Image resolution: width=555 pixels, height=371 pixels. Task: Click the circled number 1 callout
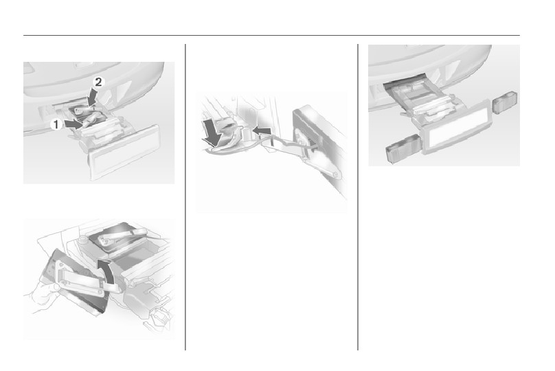[56, 124]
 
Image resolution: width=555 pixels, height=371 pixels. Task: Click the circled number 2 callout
[98, 82]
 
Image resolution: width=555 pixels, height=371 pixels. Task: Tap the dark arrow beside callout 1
[73, 124]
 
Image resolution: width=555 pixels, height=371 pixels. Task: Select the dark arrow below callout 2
[93, 96]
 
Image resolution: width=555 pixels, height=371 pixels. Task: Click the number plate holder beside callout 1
[124, 153]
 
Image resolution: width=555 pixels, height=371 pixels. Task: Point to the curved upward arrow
[107, 271]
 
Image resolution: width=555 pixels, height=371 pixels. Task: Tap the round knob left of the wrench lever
[82, 239]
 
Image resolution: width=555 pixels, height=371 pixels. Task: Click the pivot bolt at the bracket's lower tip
[335, 175]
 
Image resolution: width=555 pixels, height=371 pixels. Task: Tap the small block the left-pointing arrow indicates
[247, 134]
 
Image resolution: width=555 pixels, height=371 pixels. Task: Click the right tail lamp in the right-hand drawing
[505, 102]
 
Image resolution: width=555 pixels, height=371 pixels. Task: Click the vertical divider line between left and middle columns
[185, 197]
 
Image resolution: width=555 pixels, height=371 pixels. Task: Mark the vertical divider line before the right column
[358, 197]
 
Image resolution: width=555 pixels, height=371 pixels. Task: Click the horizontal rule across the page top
[271, 36]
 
